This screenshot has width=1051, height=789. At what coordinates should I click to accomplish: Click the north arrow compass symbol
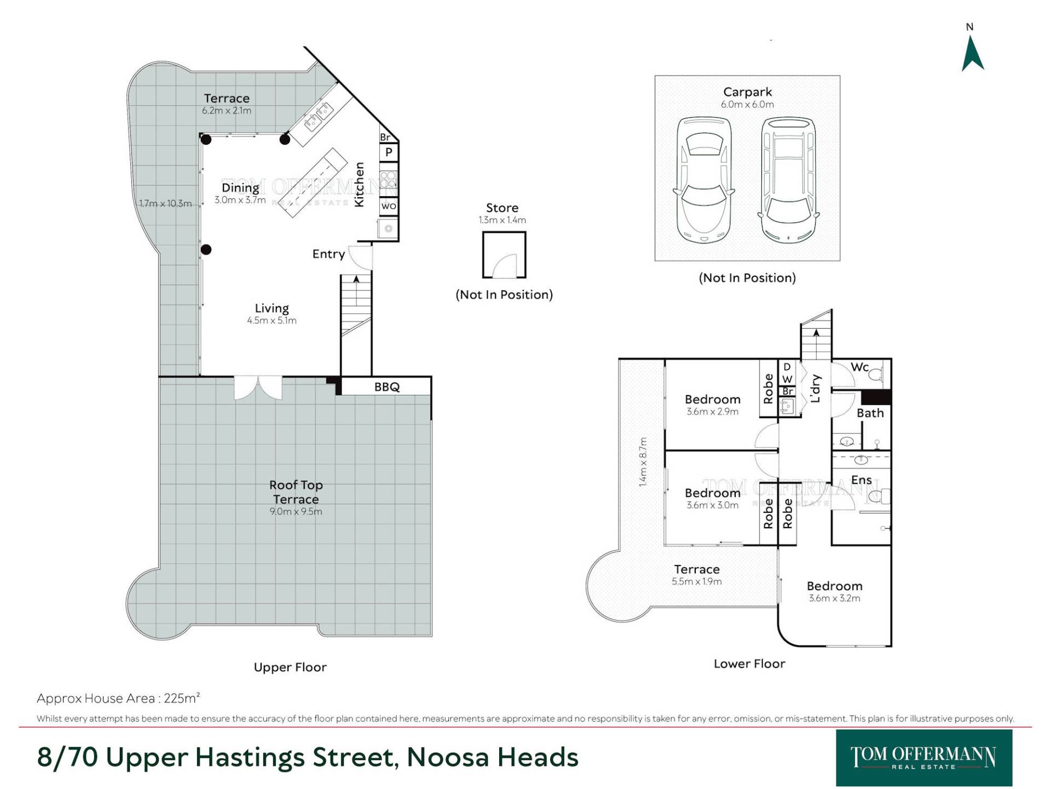[x=973, y=53]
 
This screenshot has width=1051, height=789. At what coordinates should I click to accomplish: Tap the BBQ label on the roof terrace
[x=387, y=387]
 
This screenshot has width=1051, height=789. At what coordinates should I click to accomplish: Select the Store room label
[x=502, y=208]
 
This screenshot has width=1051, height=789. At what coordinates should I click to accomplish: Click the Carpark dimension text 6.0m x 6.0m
[x=747, y=104]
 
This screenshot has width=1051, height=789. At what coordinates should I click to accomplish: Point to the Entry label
[x=328, y=254]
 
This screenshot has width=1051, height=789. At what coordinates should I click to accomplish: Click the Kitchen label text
[x=359, y=185]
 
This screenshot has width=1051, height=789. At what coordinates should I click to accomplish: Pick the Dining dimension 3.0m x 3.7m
[x=240, y=200]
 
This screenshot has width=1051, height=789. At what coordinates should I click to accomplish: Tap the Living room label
[x=272, y=308]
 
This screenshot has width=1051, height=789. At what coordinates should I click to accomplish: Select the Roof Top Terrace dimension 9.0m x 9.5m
[x=296, y=511]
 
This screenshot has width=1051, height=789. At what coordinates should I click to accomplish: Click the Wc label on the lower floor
[x=859, y=367]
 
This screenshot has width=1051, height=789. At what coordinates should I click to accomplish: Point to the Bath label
[x=870, y=413]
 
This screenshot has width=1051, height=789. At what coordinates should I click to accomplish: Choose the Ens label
[x=861, y=480]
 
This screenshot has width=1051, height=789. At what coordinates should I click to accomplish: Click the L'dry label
[x=816, y=388]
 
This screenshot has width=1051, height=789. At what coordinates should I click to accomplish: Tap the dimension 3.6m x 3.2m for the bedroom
[x=834, y=598]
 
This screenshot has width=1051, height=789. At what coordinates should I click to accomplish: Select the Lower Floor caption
[x=749, y=664]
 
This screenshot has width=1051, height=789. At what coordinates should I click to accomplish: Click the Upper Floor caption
[x=290, y=667]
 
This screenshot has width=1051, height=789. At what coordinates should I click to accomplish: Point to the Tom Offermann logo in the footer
[x=923, y=758]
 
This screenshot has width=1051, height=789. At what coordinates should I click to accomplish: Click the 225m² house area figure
[x=182, y=698]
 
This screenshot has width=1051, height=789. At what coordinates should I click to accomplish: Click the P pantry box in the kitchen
[x=389, y=152]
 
